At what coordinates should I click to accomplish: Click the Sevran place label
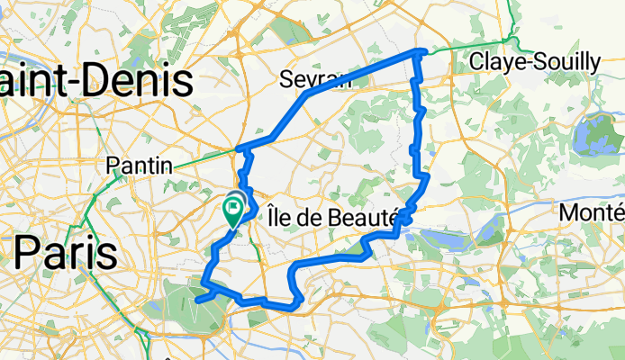315,78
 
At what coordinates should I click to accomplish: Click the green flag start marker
233,212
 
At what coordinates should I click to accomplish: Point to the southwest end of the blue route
195,301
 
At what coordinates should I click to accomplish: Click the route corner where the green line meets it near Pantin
239,148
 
